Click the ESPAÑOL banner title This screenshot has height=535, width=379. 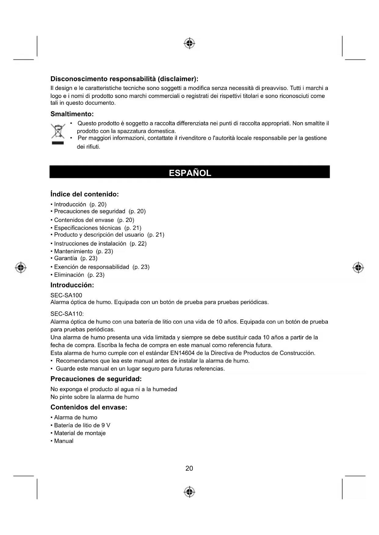(x=190, y=173)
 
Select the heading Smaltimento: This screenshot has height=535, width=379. (x=72, y=114)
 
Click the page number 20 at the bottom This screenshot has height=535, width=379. (x=189, y=468)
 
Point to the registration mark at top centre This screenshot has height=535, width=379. (x=189, y=44)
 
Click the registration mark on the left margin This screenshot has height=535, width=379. (x=21, y=267)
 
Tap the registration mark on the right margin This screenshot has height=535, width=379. (x=358, y=267)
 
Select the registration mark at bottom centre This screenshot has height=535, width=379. (x=189, y=491)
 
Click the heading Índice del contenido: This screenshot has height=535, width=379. (x=85, y=194)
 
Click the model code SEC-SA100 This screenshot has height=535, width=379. (x=66, y=295)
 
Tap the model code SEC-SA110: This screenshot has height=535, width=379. (x=67, y=314)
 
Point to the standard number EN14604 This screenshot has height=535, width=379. (x=183, y=353)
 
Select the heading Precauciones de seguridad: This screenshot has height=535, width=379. (x=96, y=379)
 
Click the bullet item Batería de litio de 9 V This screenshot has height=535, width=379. (x=82, y=425)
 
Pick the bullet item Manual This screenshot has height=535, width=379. (x=64, y=441)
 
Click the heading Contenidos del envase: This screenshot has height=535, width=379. (x=89, y=407)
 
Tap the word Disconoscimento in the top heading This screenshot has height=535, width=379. (x=79, y=79)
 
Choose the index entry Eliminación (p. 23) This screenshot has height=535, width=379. (x=79, y=275)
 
